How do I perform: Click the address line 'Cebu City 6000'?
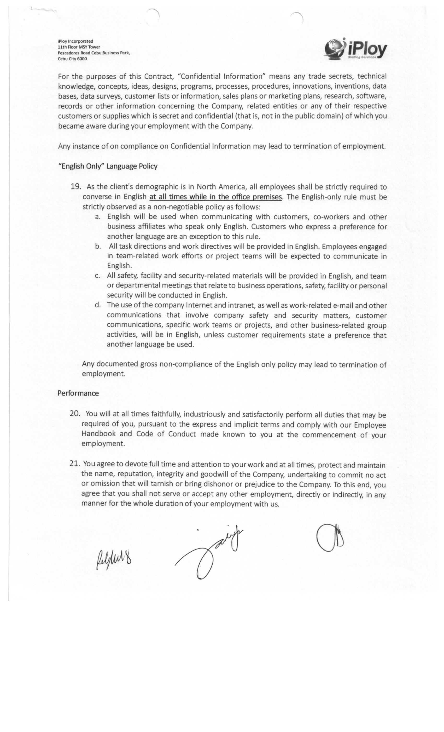(x=72, y=59)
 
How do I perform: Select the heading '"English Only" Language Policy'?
(x=108, y=166)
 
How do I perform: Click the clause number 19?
(x=76, y=187)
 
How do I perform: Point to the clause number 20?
(x=75, y=414)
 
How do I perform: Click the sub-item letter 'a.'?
(x=98, y=216)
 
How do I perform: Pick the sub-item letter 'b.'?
(x=98, y=246)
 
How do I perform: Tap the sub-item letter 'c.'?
(x=97, y=276)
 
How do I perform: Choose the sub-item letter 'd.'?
(x=98, y=305)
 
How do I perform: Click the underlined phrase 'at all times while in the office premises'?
(x=215, y=197)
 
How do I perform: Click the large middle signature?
(x=209, y=554)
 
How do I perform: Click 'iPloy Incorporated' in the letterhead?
(x=75, y=41)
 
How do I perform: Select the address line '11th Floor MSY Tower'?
(x=79, y=47)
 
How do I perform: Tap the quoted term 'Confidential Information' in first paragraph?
(x=221, y=76)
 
